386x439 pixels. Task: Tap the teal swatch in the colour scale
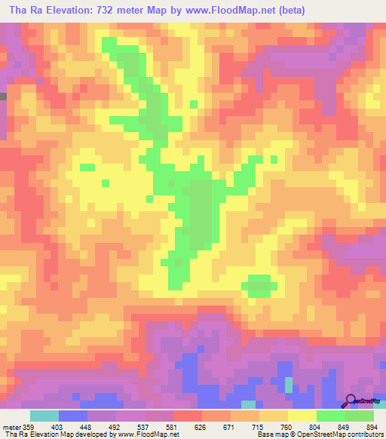pyautogui.click(x=44, y=416)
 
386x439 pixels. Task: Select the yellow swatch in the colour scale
pyautogui.click(x=302, y=416)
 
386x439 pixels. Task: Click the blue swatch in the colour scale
pyautogui.click(x=73, y=416)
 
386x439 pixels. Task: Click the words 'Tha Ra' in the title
pyautogui.click(x=23, y=10)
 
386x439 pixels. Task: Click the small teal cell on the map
pyautogui.click(x=288, y=385)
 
